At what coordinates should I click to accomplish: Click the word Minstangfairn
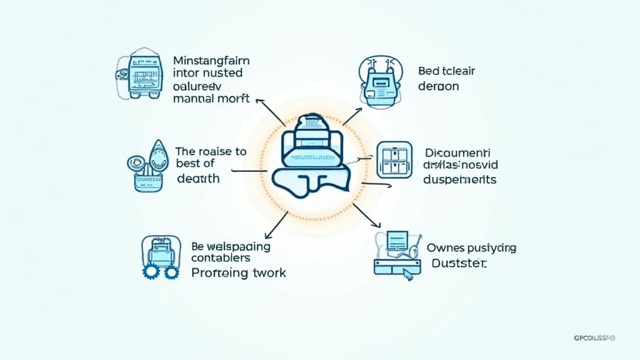pos(211,61)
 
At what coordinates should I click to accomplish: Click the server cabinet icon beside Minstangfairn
pos(140,76)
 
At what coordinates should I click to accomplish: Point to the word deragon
pos(438,87)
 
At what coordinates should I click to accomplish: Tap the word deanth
pos(197,179)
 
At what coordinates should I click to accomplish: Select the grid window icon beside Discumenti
pos(395,159)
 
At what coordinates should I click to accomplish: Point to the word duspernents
pos(460,179)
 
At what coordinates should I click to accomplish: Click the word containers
pos(221,258)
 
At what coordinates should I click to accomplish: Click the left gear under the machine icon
pos(151,271)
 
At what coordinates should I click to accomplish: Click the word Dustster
pos(459,264)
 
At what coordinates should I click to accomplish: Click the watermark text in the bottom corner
pos(594,338)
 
